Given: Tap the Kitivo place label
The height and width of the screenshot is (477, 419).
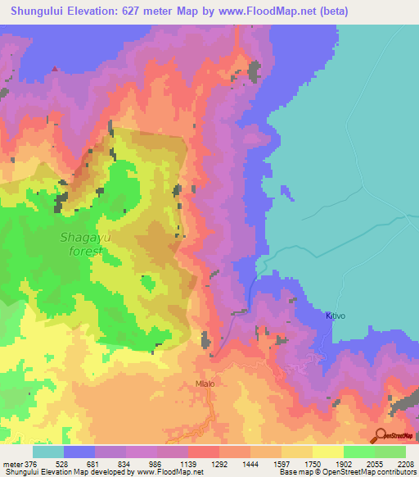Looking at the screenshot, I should [x=336, y=315].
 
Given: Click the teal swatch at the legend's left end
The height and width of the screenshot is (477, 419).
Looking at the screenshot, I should [x=47, y=452].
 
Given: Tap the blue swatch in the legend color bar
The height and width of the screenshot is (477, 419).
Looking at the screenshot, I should [x=79, y=452].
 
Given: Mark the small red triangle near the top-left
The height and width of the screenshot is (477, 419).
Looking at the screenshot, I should [x=54, y=69].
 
